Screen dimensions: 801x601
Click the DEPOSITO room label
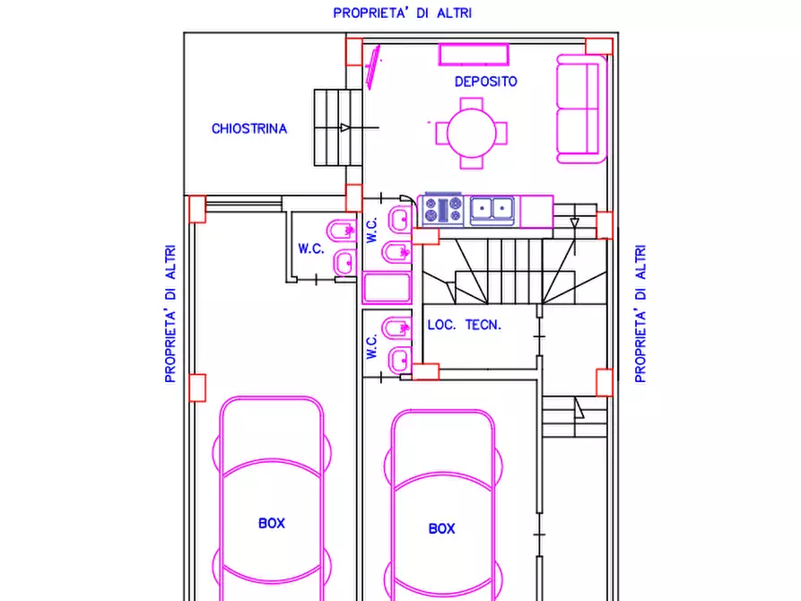(x=486, y=82)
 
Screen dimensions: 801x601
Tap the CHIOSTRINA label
(x=249, y=128)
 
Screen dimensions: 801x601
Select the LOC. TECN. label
(x=465, y=325)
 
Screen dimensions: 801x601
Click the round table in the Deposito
(x=472, y=133)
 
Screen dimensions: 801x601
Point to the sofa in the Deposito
(x=581, y=109)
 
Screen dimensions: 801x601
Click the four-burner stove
(x=443, y=210)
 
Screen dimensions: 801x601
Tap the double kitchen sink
(x=492, y=210)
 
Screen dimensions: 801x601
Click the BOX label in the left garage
(x=272, y=523)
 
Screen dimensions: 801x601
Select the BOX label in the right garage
(x=442, y=528)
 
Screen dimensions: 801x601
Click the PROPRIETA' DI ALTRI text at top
(x=403, y=13)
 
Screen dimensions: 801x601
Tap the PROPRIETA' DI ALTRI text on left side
(x=170, y=314)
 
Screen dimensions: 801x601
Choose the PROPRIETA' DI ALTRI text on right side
(x=640, y=314)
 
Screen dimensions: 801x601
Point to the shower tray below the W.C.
(x=387, y=287)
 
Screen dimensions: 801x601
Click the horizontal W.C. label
(x=311, y=248)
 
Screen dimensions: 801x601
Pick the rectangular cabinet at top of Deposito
(x=474, y=55)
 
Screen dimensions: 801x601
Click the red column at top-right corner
(x=598, y=46)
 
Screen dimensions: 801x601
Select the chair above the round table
(x=472, y=104)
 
